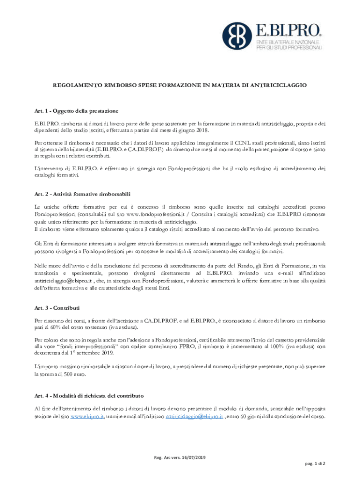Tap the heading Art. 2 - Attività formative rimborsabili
click(x=83, y=194)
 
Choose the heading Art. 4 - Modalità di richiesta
click(x=89, y=396)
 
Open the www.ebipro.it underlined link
click(x=87, y=417)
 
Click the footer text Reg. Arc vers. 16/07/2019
click(x=180, y=457)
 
